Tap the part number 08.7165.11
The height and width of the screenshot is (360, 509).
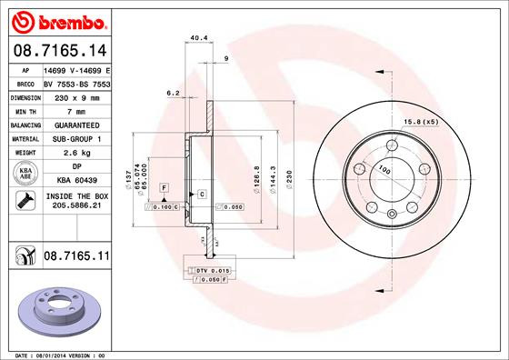(76, 259)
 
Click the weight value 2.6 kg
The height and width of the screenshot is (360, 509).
(76, 153)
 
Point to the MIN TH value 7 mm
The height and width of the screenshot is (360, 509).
(76, 109)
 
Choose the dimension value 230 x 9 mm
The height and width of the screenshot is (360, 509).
(76, 95)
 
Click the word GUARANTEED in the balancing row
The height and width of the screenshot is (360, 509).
(76, 124)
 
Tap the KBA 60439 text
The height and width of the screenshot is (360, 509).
(76, 182)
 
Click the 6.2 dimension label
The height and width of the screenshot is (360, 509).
(171, 93)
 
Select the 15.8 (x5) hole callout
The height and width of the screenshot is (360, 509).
(420, 122)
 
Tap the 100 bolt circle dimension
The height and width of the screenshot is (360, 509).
(384, 170)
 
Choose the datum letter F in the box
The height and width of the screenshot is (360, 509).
(164, 186)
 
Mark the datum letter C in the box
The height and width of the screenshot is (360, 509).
(201, 195)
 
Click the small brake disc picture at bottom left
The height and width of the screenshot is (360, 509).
(56, 307)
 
